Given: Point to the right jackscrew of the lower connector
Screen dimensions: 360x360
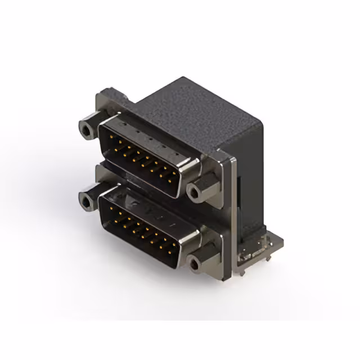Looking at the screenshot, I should click(195, 263).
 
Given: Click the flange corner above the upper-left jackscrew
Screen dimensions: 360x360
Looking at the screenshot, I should click(110, 96).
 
